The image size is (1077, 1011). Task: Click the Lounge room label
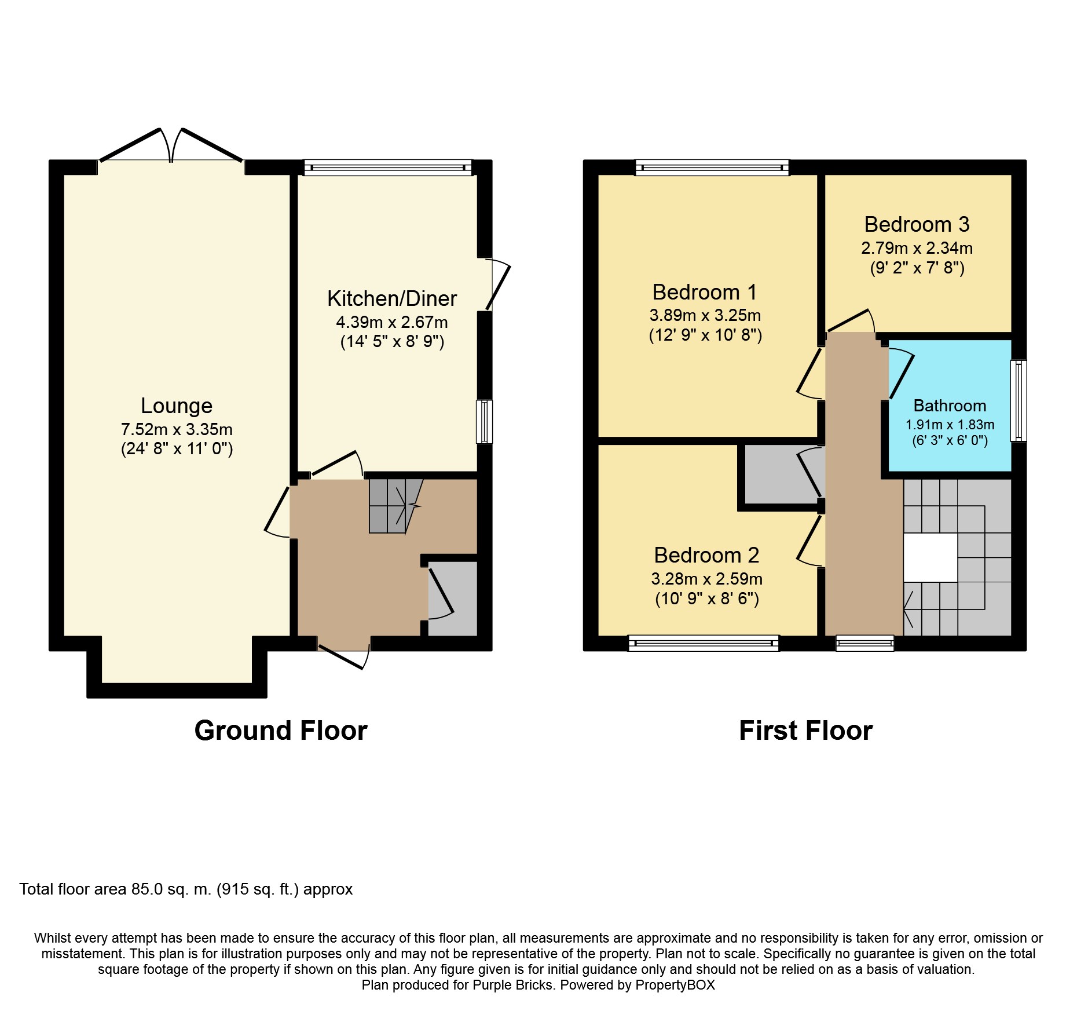coord(177,406)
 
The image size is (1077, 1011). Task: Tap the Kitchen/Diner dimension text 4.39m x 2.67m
coord(392,322)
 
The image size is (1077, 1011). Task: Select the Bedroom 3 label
coord(917,224)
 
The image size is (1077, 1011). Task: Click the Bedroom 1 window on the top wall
coord(712,168)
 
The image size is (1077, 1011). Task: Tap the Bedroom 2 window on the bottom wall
coord(704,643)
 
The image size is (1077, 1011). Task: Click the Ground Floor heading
coord(281,731)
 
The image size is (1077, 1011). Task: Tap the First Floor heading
coord(805,731)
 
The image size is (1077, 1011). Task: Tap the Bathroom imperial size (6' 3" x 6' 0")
coord(950,440)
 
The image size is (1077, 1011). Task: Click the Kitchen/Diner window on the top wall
coord(388,168)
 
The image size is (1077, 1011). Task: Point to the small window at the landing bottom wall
coord(865,643)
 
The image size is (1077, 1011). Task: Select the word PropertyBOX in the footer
coord(675,985)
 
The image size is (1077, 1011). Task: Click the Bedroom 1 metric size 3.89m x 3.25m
coord(705,316)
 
